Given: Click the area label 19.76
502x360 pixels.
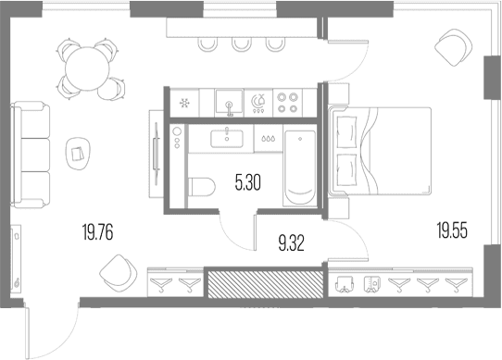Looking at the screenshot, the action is pos(97,232).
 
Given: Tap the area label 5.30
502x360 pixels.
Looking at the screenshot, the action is pos(248,183).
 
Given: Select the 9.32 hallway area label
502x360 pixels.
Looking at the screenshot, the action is pos(292,242).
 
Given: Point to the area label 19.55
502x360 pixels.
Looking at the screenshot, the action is pos(452,230).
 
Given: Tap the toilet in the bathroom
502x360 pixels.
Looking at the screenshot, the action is pos(202,187).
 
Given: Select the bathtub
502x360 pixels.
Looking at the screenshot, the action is pos(300,167).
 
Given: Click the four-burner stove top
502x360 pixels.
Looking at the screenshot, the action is pos(287,103).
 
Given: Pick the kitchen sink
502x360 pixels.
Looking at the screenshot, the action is pos(229,102).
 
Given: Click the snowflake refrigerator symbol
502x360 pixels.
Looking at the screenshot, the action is pos(184,103).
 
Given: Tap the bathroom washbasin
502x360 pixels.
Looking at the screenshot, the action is pos(227,139).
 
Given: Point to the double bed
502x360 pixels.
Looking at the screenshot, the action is pos(380,151).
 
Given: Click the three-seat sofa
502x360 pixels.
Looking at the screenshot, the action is pos(30,155).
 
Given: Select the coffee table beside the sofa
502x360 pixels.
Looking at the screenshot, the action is pos(79,155).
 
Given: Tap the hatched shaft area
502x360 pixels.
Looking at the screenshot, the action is pos(266,284).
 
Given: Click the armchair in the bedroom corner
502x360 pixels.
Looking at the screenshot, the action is pos(453,48).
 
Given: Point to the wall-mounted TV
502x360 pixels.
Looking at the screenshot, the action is pos(157,154).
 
